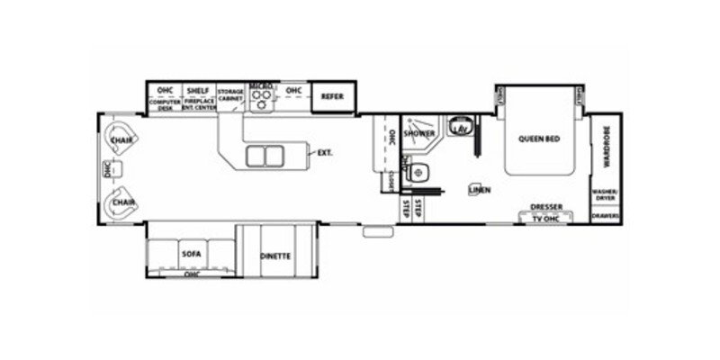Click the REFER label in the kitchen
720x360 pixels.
[x=332, y=95]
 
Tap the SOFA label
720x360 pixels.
[x=190, y=254]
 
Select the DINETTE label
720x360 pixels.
[x=275, y=256]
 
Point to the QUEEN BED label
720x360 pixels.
[x=538, y=139]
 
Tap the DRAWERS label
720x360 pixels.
[x=604, y=217]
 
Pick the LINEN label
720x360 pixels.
[x=480, y=189]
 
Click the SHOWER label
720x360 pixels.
[x=419, y=133]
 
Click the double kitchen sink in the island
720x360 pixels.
[x=263, y=156]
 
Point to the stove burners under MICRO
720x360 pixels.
[x=261, y=103]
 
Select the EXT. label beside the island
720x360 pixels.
[x=325, y=153]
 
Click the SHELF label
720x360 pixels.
[x=197, y=91]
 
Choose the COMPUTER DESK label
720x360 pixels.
[x=165, y=104]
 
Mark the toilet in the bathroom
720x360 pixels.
[x=416, y=172]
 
